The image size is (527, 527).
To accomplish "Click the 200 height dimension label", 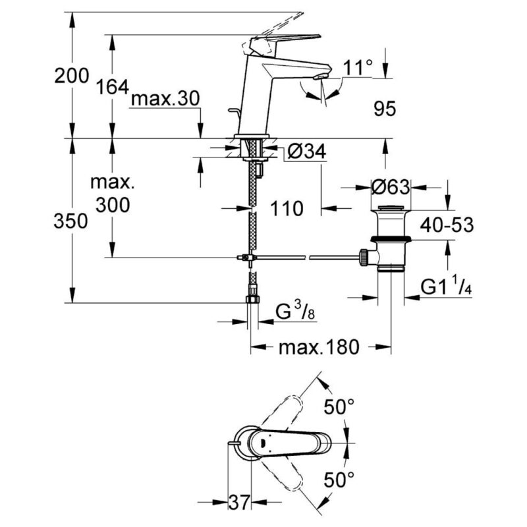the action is [x=72, y=76].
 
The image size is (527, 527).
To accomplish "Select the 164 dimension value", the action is [x=113, y=87].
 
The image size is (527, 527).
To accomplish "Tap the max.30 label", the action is [x=165, y=99].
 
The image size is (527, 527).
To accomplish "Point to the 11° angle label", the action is [x=358, y=68].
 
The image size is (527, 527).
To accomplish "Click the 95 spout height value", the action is [x=385, y=108].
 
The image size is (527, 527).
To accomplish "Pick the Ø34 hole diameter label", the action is [x=307, y=152].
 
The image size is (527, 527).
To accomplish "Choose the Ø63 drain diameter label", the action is [x=391, y=187].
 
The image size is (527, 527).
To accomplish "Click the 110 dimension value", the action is [x=287, y=208].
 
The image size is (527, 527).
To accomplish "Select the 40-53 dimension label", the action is [x=447, y=225].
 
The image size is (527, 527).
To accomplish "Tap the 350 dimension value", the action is [x=70, y=221].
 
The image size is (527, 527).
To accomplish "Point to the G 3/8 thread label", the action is [x=295, y=311].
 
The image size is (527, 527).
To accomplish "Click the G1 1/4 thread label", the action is [x=446, y=287].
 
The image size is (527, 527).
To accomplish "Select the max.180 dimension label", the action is [x=319, y=347].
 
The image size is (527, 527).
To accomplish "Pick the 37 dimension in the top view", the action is [x=239, y=503].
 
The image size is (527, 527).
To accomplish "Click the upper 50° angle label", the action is [x=339, y=406].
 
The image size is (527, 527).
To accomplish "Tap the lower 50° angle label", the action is [x=339, y=480].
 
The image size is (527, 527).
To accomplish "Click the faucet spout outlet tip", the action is [x=320, y=77].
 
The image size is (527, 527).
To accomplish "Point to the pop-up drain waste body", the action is [x=391, y=238].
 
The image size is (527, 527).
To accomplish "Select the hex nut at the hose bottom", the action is [x=252, y=299].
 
